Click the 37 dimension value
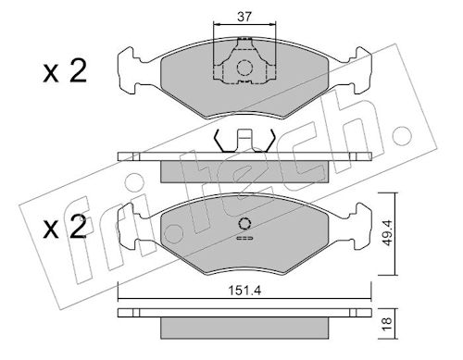click(x=244, y=17)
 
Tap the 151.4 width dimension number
click(x=244, y=291)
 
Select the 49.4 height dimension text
click(x=387, y=233)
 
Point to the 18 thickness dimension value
click(x=387, y=324)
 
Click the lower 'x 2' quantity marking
click(x=65, y=228)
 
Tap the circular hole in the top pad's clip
click(x=244, y=68)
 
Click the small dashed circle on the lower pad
click(x=244, y=224)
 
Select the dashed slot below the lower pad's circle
click(x=244, y=238)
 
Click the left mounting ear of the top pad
click(x=127, y=70)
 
